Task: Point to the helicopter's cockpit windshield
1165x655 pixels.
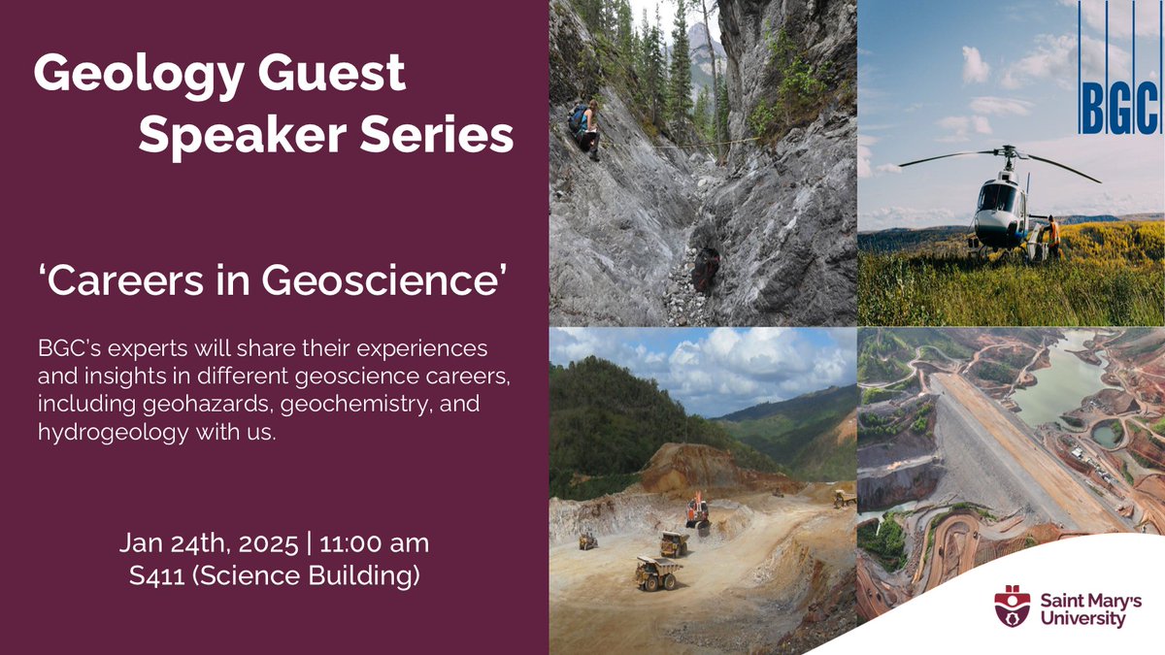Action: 996,199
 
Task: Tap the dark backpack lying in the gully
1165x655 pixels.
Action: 706,269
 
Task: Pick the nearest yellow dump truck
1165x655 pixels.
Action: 658,573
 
